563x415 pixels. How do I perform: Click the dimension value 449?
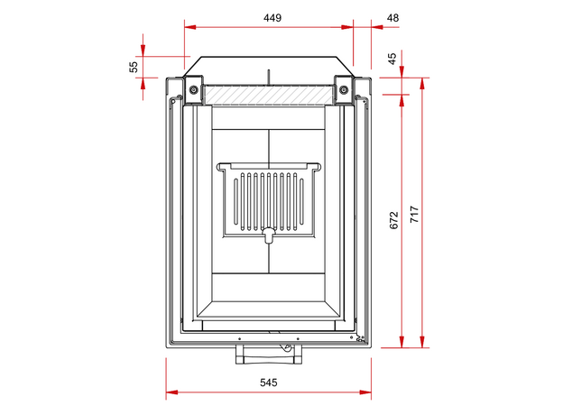pos(272,18)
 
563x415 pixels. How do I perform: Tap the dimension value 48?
pos(392,18)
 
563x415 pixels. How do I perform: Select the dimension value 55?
pos(134,67)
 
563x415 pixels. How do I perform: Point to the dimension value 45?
pos(392,59)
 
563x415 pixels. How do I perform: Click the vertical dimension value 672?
pos(394,220)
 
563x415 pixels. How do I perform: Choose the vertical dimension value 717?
pos(414,215)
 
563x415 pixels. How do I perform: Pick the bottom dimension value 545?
pos(269,383)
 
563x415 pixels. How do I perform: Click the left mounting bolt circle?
pos(193,89)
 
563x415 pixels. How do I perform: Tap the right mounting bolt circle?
pos(344,89)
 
